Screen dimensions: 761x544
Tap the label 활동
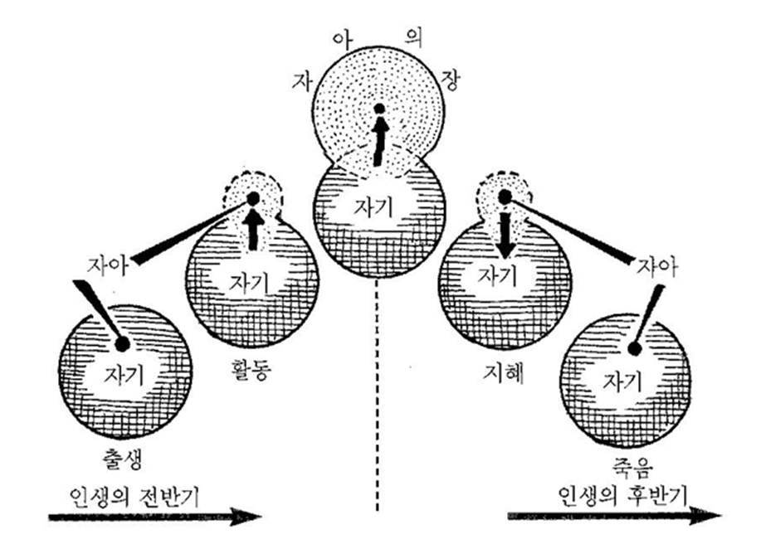(x=251, y=371)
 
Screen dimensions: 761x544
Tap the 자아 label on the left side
(x=108, y=265)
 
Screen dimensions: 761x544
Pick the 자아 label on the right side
(x=657, y=268)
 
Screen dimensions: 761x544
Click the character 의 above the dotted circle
(x=413, y=38)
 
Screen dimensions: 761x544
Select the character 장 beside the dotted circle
(x=448, y=80)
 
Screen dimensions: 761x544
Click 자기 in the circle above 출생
(x=124, y=375)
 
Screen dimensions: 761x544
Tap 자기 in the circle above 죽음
(x=622, y=381)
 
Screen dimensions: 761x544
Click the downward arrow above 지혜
(x=505, y=233)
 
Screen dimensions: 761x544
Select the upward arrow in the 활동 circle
(x=252, y=231)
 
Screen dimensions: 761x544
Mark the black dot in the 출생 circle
(x=121, y=344)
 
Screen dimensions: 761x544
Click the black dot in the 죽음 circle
(x=633, y=348)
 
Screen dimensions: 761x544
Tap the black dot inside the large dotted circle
(x=379, y=108)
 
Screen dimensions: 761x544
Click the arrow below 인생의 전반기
(x=155, y=517)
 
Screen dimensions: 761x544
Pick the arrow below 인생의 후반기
(x=615, y=516)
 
